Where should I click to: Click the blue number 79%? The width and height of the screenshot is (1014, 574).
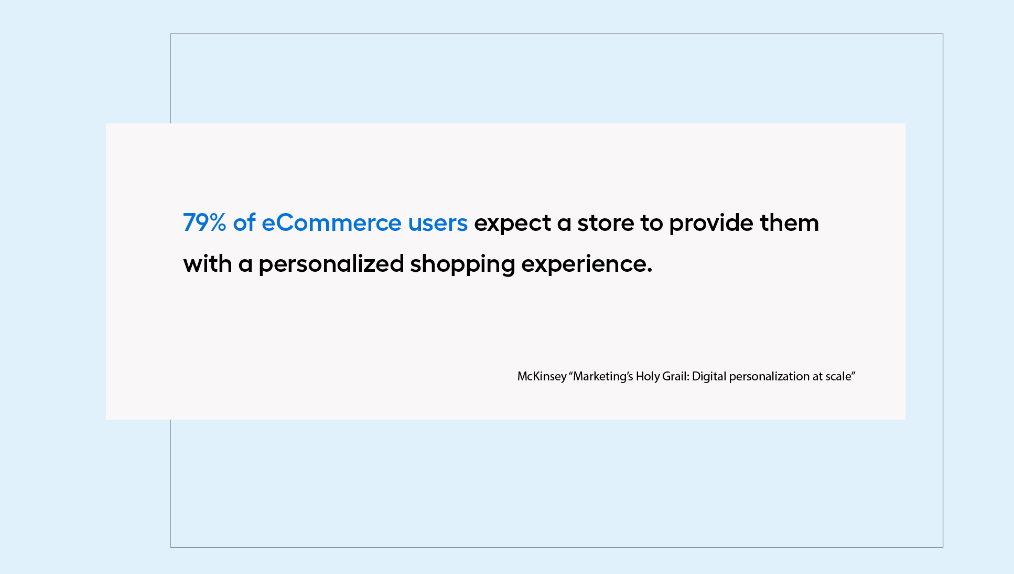204,222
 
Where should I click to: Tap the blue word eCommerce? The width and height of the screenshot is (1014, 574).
331,223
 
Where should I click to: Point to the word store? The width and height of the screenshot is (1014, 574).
606,224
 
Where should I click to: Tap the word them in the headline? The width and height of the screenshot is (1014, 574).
790,222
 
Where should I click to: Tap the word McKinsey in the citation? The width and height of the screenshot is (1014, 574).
542,377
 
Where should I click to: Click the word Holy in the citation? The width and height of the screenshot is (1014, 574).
648,377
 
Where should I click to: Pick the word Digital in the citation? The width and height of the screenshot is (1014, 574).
709,377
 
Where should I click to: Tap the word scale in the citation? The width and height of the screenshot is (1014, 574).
838,376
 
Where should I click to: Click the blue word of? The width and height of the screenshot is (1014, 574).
244,222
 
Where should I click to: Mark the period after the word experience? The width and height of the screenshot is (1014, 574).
650,271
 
